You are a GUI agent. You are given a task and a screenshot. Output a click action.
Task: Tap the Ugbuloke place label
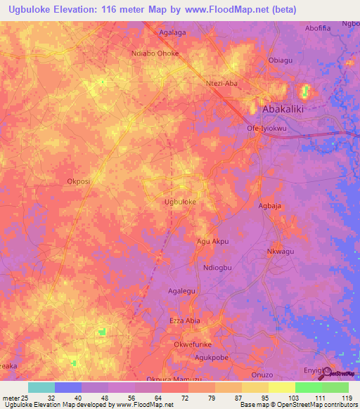click(179, 202)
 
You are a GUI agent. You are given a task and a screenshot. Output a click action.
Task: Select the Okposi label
click(78, 181)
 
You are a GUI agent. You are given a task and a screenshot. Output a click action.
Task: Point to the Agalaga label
click(176, 32)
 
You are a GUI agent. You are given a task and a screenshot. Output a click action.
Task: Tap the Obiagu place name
click(281, 60)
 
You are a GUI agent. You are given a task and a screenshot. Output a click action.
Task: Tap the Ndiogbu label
click(217, 268)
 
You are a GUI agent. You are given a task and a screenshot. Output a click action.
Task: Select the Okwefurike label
click(193, 344)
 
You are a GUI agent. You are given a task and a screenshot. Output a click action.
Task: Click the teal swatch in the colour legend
click(41, 387)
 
